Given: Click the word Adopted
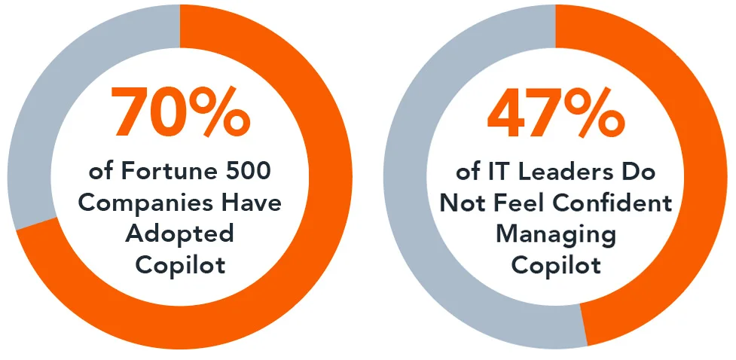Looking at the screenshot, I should pyautogui.click(x=179, y=234).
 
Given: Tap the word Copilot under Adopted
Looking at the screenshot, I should pyautogui.click(x=179, y=266).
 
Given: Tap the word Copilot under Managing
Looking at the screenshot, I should pyautogui.click(x=556, y=266).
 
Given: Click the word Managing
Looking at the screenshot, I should pyautogui.click(x=556, y=234).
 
